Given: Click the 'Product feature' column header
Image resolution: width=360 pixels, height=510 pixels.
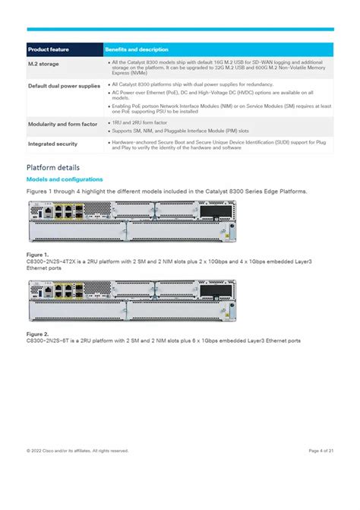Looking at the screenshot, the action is point(49,49).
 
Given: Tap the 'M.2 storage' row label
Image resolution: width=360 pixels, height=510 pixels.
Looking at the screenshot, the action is point(43,64).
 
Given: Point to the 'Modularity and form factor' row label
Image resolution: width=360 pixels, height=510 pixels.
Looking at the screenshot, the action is point(62,124).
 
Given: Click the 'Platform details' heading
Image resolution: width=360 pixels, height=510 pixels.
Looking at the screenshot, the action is point(52,167).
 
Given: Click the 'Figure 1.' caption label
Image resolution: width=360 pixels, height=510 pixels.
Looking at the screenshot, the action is point(37,254).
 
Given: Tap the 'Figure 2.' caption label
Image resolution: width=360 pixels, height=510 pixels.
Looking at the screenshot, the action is point(37,334).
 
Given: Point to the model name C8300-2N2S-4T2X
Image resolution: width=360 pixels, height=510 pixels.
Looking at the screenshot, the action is point(49,261).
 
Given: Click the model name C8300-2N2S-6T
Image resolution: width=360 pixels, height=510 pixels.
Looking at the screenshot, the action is point(47,341).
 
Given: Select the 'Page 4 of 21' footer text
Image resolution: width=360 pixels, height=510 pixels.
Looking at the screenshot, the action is point(321,451).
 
